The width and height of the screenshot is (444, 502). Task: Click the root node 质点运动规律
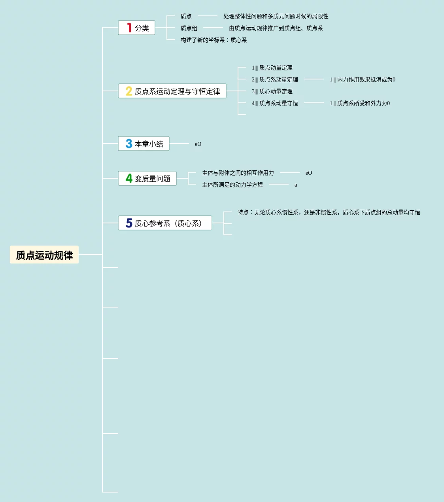[x=44, y=255]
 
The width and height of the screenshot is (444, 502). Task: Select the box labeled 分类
[x=136, y=28]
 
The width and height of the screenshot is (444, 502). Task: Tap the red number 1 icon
[x=129, y=28]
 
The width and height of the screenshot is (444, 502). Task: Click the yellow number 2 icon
[x=129, y=91]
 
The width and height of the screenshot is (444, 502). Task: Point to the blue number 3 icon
[x=129, y=144]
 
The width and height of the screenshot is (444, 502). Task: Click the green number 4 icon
[x=129, y=179]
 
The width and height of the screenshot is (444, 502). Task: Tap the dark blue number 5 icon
[x=129, y=223]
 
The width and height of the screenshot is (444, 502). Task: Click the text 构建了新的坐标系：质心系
[x=213, y=40]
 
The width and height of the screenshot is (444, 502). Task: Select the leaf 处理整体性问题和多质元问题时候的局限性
[x=276, y=16]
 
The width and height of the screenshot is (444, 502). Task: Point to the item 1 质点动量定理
[x=272, y=68]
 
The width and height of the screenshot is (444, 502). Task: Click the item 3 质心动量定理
[x=272, y=91]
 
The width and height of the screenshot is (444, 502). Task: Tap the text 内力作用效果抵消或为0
[x=363, y=79]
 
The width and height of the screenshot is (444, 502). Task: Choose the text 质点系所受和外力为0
[x=360, y=103]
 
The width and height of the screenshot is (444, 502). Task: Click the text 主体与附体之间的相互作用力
[x=238, y=173]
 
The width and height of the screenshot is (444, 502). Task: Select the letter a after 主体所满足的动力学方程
[x=296, y=185]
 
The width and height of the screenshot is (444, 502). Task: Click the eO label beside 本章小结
[x=198, y=144]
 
